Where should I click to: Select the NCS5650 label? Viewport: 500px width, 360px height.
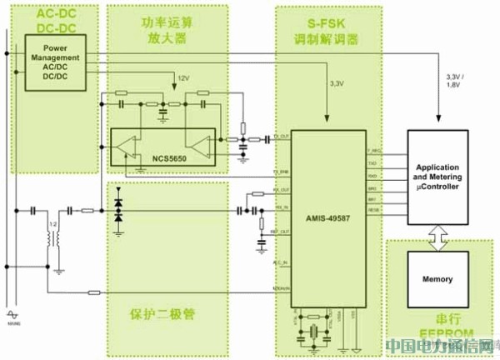click(172, 156)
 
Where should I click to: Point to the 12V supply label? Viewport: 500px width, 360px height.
click(183, 77)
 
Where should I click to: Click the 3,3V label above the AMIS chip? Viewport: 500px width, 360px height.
click(337, 85)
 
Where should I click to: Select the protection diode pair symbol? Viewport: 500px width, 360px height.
click(117, 209)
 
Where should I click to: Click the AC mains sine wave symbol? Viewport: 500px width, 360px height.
click(12, 312)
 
